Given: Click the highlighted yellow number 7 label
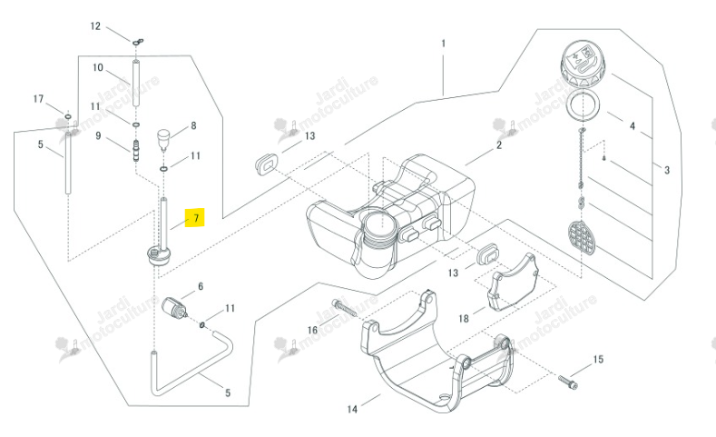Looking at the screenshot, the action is [x=195, y=217].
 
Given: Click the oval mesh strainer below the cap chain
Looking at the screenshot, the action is [x=582, y=238].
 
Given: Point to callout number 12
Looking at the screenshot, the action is [x=95, y=26].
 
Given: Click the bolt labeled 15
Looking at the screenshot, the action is [x=568, y=381].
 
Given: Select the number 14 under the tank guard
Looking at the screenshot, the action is [x=352, y=409].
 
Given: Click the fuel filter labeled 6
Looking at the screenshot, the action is [x=175, y=309].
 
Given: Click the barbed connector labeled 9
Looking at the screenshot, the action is [x=135, y=151].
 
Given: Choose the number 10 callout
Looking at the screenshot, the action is [x=98, y=67].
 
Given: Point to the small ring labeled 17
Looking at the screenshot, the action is [x=67, y=116].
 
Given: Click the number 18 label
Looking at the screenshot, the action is [x=464, y=318].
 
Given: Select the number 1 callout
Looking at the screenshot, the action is [x=443, y=44].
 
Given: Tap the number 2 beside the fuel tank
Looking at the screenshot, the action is [x=498, y=144].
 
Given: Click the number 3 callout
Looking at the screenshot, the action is [x=667, y=170].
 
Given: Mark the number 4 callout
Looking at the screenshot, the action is [x=632, y=125].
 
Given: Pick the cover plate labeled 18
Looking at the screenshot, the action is [x=512, y=282].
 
